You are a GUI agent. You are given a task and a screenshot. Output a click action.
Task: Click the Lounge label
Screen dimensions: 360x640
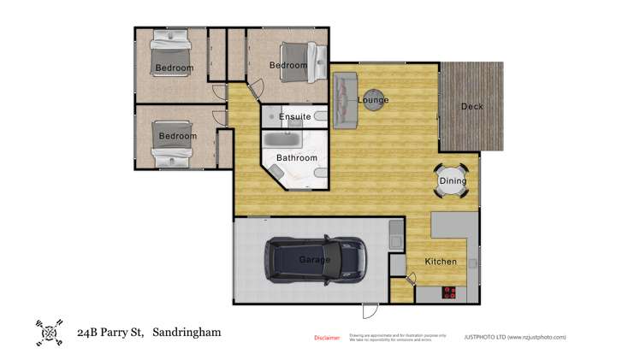(373, 101)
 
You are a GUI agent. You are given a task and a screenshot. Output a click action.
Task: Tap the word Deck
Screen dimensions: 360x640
(471, 107)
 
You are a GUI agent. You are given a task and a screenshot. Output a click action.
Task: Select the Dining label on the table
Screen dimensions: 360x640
(453, 181)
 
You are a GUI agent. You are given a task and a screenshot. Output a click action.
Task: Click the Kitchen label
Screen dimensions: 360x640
(441, 262)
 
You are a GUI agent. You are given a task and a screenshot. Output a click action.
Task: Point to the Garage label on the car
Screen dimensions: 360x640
(314, 260)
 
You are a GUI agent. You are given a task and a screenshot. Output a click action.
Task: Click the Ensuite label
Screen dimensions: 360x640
(294, 117)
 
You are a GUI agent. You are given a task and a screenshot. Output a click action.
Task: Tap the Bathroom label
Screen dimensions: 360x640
(296, 158)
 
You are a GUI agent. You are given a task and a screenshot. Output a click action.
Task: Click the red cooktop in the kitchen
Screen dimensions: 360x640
(450, 292)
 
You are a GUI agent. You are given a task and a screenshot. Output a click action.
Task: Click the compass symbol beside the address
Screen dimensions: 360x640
(49, 332)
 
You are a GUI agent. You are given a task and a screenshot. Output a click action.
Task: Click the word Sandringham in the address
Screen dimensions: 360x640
(186, 331)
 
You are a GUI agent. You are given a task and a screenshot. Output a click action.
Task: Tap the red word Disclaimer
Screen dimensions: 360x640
(327, 338)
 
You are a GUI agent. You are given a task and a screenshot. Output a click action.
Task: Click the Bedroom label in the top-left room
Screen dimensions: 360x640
(174, 68)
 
